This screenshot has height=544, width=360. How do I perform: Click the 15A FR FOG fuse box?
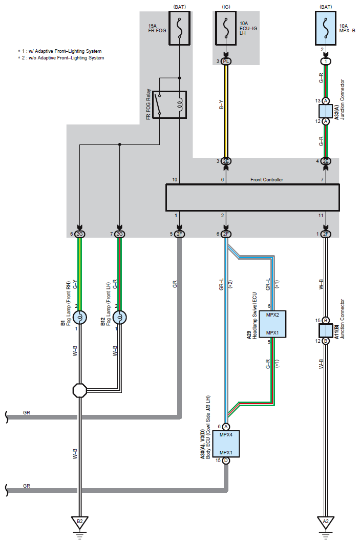click(179, 28)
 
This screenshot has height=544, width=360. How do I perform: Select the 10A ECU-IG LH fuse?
click(226, 28)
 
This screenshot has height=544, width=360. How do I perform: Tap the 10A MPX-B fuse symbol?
click(325, 28)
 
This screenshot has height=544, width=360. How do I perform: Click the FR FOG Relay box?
click(170, 104)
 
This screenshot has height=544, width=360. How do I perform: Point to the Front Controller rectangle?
click(252, 197)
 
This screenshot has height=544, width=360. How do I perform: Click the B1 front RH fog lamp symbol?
click(80, 318)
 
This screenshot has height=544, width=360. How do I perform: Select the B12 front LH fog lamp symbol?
click(120, 318)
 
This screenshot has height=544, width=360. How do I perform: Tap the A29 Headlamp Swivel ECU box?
click(272, 324)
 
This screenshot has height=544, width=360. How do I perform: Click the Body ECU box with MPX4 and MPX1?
click(226, 444)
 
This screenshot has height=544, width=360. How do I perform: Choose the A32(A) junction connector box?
click(325, 111)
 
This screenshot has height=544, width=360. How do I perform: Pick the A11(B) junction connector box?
click(325, 330)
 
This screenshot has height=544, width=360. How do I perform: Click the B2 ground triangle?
click(80, 522)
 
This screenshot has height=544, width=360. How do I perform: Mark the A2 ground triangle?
click(325, 522)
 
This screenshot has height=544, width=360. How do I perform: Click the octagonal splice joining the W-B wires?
click(80, 390)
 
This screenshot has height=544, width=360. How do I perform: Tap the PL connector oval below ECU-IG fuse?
click(226, 61)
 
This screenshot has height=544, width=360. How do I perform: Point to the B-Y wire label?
click(221, 104)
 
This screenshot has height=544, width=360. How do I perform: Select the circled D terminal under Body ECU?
click(226, 461)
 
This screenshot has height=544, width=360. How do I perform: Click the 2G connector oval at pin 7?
click(120, 234)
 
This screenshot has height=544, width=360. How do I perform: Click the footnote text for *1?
click(59, 51)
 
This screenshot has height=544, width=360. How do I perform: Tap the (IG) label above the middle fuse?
click(226, 7)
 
